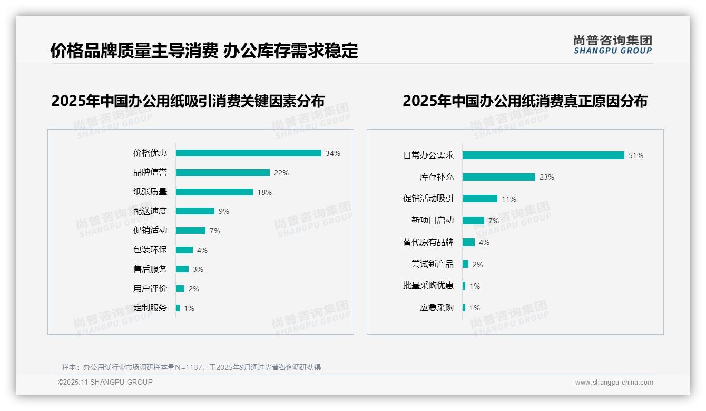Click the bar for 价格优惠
coord(248,153)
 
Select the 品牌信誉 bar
coord(222,173)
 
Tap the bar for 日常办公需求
coord(543,155)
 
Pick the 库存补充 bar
coord(499,177)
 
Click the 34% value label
coord(333,154)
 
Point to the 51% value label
coord(636,156)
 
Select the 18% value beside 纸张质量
coord(264,192)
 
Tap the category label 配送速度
coord(150,211)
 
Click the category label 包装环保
coord(150,250)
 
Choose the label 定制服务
coord(150,308)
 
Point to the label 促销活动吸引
coord(428,199)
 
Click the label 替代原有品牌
coord(428,242)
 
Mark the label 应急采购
coord(437,308)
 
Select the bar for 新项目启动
coord(473,220)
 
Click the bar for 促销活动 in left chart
coord(190,231)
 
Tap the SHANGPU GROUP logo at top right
coord(613,45)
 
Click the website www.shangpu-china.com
coord(614,383)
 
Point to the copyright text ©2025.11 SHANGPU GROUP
coord(105,383)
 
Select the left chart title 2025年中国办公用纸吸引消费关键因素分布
coord(188,101)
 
